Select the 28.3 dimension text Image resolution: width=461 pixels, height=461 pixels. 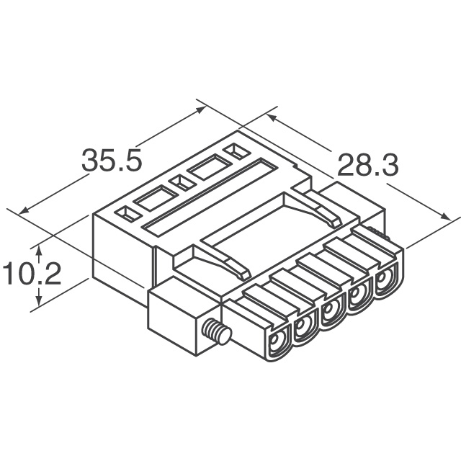[x=367, y=166]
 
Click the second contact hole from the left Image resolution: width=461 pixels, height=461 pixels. [x=303, y=328]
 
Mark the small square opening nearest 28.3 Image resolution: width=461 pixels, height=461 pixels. [x=234, y=151]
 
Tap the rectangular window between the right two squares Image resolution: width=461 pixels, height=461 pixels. [x=209, y=167]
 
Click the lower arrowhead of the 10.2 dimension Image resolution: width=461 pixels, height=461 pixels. [x=41, y=302]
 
